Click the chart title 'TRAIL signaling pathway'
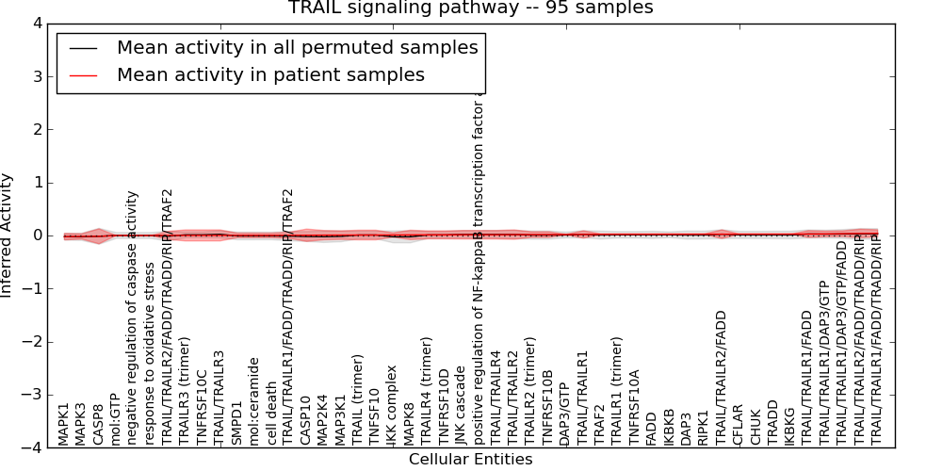(470, 8)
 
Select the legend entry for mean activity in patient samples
(269, 74)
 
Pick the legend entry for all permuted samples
(297, 47)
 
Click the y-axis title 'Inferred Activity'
(8, 235)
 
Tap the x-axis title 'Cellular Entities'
(470, 460)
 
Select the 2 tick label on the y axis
(36, 130)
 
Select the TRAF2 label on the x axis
(599, 426)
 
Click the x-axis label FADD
(651, 427)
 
